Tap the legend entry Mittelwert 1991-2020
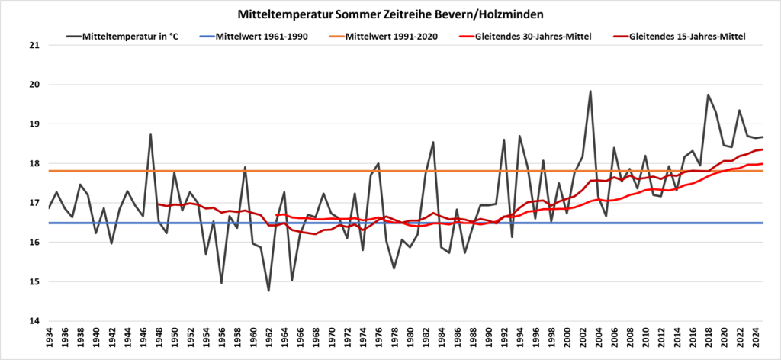click(391, 36)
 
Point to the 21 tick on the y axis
click(33, 45)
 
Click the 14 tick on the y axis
click(33, 321)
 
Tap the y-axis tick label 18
click(33, 163)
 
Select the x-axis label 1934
click(49, 341)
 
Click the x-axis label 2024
click(755, 341)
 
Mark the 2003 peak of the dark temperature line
click(590, 92)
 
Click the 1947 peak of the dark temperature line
click(151, 135)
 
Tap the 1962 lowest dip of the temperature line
click(268, 291)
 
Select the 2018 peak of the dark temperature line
click(708, 95)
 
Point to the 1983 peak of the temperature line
click(433, 142)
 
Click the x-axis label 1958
click(237, 341)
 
